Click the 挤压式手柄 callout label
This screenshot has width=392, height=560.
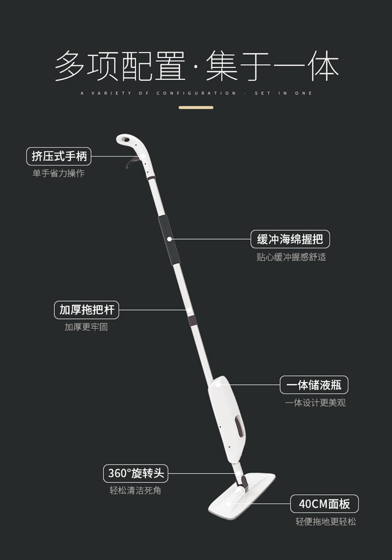tap(59, 156)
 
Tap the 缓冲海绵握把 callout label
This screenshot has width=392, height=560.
tap(290, 239)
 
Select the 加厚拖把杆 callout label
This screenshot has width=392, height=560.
tap(87, 309)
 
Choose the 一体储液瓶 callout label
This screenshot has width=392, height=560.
tap(314, 385)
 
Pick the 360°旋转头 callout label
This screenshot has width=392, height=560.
tap(136, 473)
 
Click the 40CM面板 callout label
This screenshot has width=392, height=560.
tap(324, 504)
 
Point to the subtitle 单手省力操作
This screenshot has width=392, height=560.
tap(59, 173)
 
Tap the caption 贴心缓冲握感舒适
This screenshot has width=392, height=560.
tap(291, 257)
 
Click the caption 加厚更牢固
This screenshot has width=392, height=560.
tap(86, 327)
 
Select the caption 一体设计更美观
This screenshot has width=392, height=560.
tap(315, 403)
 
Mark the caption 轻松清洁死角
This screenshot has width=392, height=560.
tap(135, 491)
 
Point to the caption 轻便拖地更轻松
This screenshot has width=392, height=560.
tap(326, 521)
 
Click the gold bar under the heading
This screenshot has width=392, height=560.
tap(196, 108)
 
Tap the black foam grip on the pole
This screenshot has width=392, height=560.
tap(169, 240)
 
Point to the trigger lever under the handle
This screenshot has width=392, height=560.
tap(129, 162)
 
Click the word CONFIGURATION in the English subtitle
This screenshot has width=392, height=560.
tap(197, 93)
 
